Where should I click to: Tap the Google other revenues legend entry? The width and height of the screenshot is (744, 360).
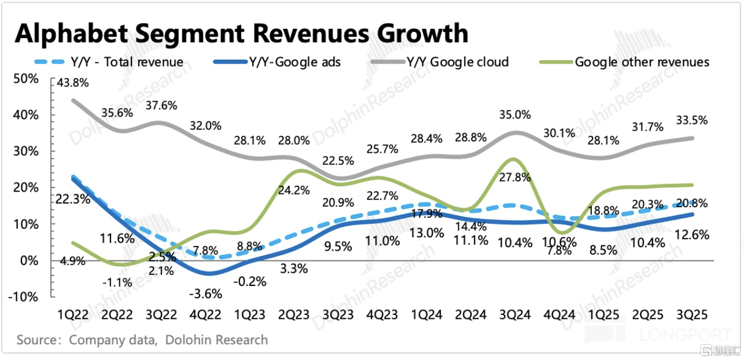(642, 62)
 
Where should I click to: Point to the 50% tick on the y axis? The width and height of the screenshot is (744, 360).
(25, 78)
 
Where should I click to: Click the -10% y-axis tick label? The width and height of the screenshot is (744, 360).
(24, 297)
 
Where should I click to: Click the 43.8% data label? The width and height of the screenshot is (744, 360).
(73, 83)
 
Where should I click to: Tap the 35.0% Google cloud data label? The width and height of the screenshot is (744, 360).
(514, 115)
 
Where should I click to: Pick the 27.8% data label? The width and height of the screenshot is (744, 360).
(515, 177)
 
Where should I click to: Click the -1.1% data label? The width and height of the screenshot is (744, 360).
(117, 283)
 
